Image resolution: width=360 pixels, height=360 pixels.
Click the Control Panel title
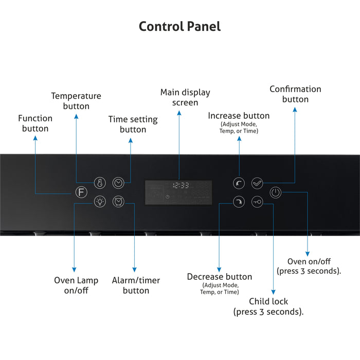(179, 26)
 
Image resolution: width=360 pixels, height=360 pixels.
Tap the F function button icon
(80, 193)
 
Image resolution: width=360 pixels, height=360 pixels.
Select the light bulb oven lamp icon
(99, 202)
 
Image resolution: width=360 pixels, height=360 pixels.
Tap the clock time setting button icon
(118, 183)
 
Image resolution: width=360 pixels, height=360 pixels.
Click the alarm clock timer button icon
(118, 202)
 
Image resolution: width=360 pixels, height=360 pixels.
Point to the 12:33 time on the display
(181, 185)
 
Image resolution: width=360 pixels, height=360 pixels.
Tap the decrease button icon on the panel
(239, 202)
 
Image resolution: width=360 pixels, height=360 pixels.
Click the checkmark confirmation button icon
(257, 183)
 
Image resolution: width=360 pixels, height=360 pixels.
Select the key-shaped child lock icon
(257, 202)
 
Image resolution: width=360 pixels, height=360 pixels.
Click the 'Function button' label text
(35, 123)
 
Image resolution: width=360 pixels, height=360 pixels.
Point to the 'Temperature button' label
(76, 101)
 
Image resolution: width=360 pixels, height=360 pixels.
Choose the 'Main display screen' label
(185, 97)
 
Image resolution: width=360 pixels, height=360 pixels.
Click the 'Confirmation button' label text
(295, 94)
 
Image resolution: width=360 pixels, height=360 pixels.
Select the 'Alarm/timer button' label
(136, 285)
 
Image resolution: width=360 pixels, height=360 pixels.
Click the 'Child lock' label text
(268, 301)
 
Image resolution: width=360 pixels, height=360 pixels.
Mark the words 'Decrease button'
(220, 277)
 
